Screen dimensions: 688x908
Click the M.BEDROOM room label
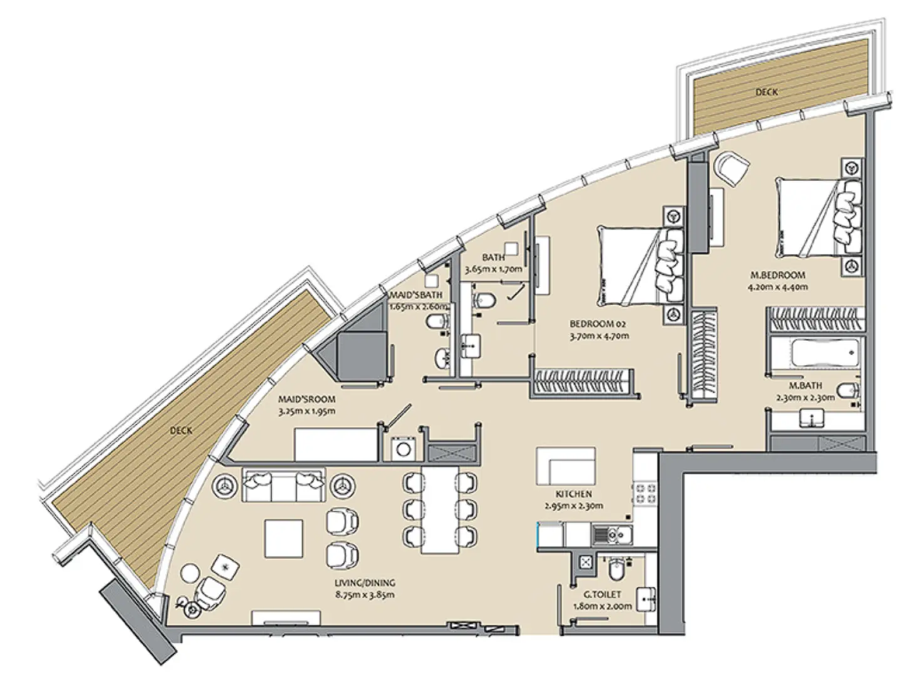778,275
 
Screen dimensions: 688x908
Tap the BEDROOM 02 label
598,324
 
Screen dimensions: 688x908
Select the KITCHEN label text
573,494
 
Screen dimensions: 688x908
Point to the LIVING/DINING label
365,583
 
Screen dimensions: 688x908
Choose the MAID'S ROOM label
306,399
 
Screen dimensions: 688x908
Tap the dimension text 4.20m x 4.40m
778,288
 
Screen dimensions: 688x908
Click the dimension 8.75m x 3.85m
365,595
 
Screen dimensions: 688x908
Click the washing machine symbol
401,449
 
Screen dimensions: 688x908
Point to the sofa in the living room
282,484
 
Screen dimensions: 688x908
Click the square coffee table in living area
284,539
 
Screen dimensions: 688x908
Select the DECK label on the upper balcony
767,92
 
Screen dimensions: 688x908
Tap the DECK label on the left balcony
181,430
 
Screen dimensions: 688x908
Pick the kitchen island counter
565,466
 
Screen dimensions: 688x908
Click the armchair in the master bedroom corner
730,167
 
